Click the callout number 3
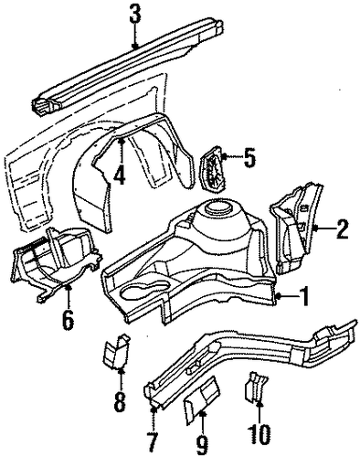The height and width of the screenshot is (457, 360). tap(135, 16)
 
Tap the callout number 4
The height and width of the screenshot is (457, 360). tap(121, 175)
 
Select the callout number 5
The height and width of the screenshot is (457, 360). tap(249, 157)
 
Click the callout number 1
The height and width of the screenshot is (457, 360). tap(303, 296)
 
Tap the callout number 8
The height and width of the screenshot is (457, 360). tap(120, 400)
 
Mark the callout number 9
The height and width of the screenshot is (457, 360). tap(202, 446)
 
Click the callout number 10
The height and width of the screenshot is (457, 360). tap(260, 435)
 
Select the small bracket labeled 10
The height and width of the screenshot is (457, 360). tap(255, 387)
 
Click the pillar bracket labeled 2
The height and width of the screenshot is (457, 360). tap(295, 228)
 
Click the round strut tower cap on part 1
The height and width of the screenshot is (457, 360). tap(217, 207)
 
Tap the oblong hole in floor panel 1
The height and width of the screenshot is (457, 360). tap(144, 291)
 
